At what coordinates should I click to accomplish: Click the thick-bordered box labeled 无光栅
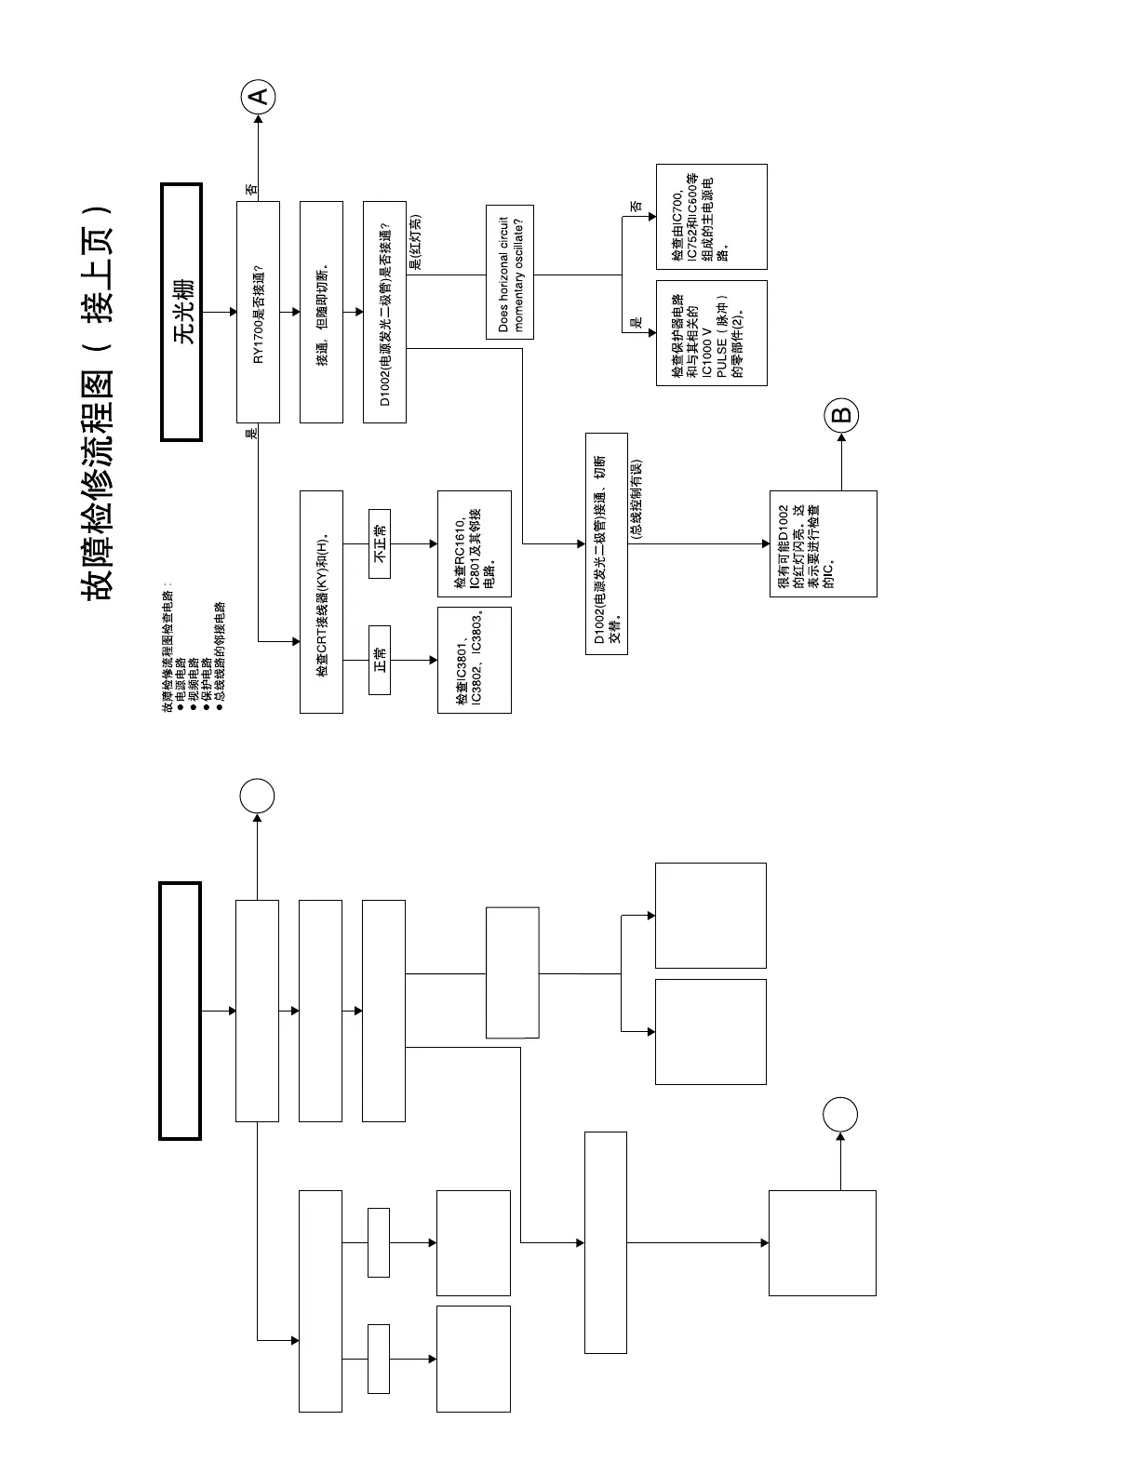coord(181,312)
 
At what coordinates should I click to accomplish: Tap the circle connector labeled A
coord(259,96)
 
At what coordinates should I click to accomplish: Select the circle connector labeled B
coord(841,415)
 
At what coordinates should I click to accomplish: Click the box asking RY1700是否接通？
coord(258,312)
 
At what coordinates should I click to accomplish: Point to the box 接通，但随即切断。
coord(321,312)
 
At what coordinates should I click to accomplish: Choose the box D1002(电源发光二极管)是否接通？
coord(384,312)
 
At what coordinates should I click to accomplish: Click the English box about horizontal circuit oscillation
coord(510,272)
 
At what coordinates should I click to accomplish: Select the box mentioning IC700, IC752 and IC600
coord(711,217)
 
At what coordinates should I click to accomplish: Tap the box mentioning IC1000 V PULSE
coord(711,332)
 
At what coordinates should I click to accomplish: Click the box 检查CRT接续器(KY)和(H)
coord(321,601)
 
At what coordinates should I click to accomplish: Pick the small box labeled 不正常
coord(380,543)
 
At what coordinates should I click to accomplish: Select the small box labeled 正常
coord(380,660)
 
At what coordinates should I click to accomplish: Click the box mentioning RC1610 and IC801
coord(474,543)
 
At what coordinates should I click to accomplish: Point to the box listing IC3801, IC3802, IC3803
coord(474,660)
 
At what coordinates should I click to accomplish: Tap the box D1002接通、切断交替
coord(606,543)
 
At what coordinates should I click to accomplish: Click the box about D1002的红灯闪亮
coord(823,543)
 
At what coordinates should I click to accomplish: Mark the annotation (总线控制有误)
coord(636,501)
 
